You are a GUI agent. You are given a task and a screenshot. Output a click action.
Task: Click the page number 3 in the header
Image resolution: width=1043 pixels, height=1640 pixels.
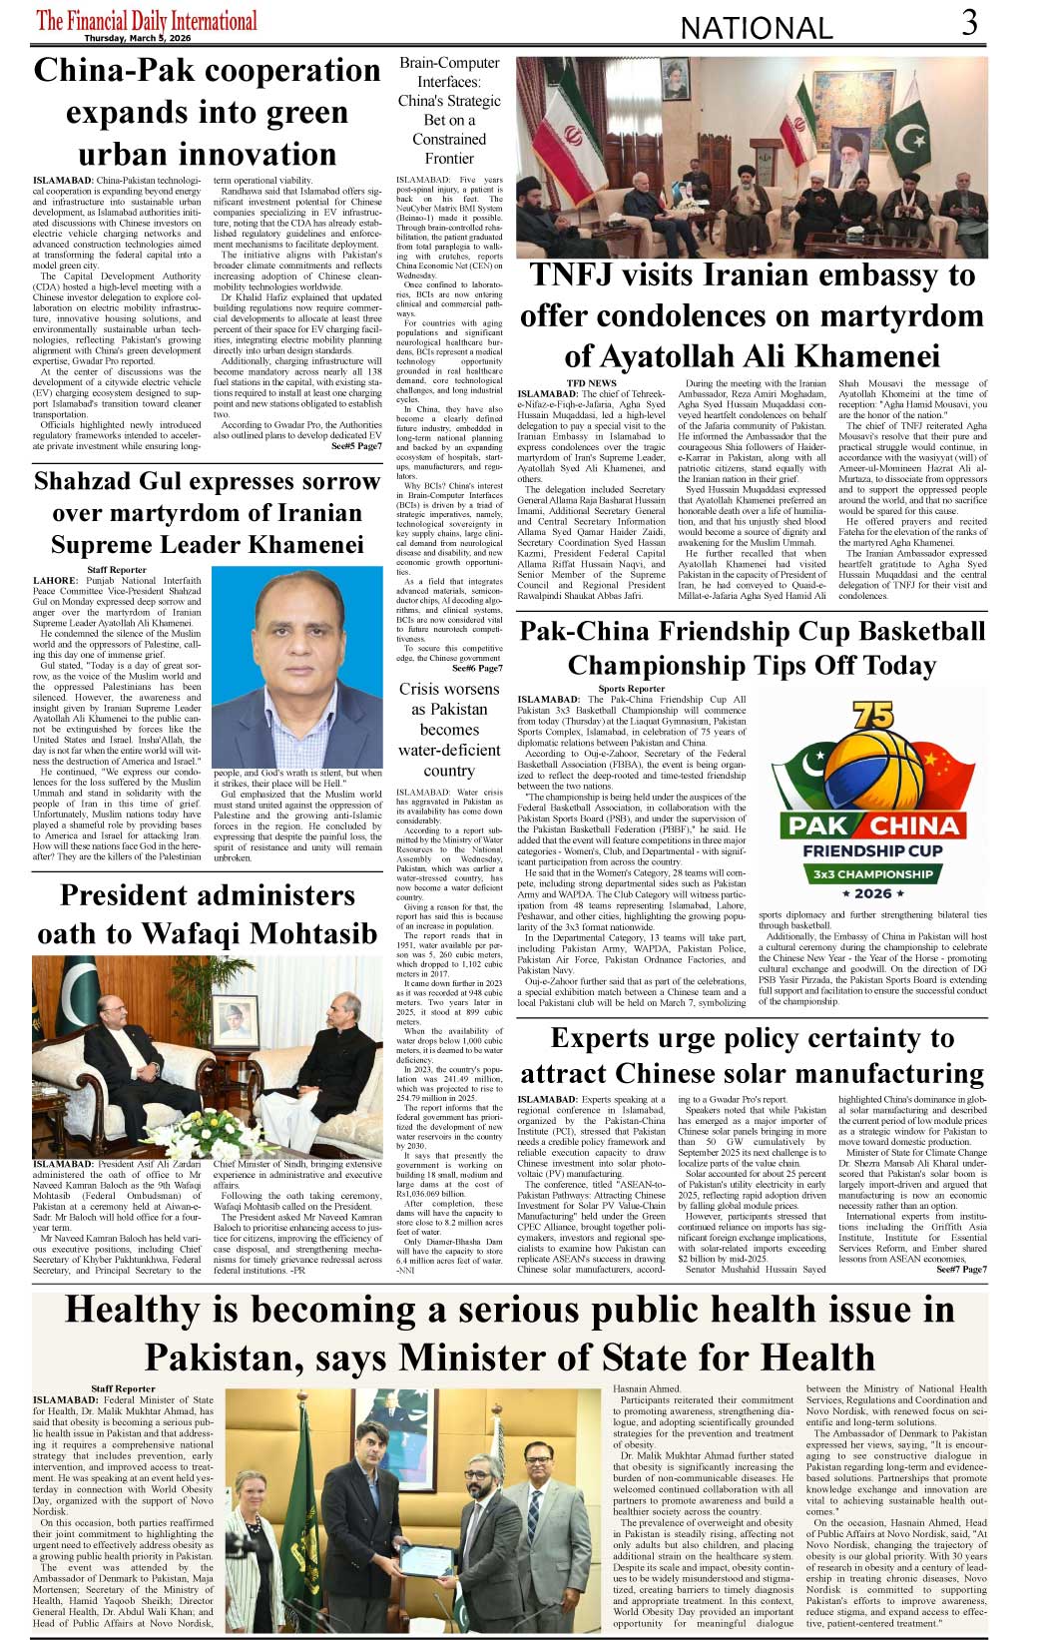click(x=969, y=22)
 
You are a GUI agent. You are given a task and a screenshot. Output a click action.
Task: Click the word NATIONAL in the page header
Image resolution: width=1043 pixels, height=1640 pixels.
click(x=756, y=28)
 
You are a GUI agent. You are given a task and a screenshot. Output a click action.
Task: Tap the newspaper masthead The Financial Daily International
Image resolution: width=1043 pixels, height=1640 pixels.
click(x=147, y=20)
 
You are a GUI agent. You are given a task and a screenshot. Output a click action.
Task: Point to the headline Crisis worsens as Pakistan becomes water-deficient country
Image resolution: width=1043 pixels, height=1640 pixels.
click(x=449, y=729)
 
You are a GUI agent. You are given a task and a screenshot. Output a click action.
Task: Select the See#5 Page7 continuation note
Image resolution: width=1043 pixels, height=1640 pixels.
click(x=356, y=446)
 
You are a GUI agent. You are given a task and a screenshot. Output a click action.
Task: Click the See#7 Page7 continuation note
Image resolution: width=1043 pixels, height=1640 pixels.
click(x=961, y=1269)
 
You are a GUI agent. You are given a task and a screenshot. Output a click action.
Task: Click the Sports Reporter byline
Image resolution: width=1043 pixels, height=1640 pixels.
click(x=631, y=689)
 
